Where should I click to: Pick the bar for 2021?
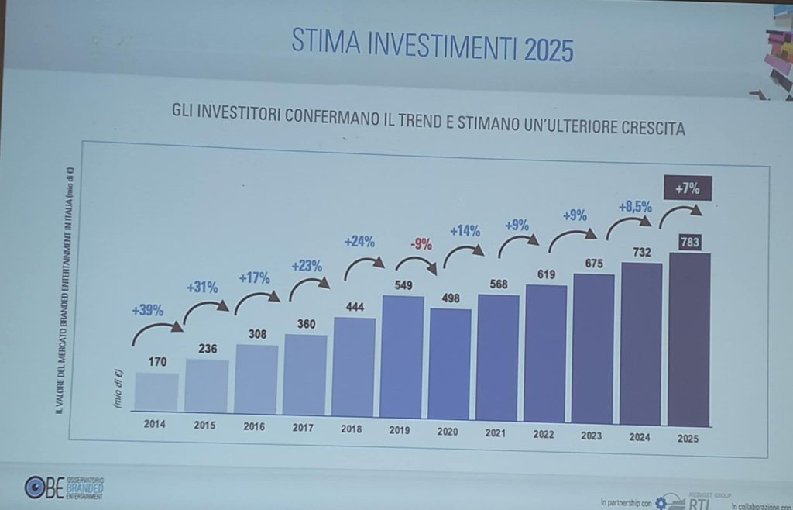pyautogui.click(x=497, y=356)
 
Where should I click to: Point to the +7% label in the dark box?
pyautogui.click(x=687, y=188)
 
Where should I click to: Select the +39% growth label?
pyautogui.click(x=147, y=311)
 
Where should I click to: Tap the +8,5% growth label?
pyautogui.click(x=635, y=208)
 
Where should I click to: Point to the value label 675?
pyautogui.click(x=592, y=262)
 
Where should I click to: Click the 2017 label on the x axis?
pyautogui.click(x=303, y=426)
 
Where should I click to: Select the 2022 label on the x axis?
pyautogui.click(x=544, y=434)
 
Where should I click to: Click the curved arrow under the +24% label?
pyautogui.click(x=362, y=267)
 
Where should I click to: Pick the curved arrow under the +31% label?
pyautogui.click(x=205, y=311)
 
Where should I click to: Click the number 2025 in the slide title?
pyautogui.click(x=548, y=50)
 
